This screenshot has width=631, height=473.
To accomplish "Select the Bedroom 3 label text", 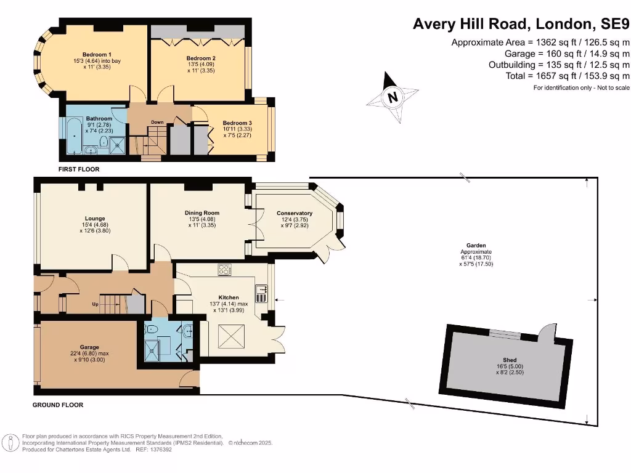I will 237,123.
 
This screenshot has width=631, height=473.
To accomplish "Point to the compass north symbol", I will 391,97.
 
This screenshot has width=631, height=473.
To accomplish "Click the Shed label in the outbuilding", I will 510,360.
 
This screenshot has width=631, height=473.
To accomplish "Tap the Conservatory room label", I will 295,214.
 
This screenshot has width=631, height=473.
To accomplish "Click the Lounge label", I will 95,219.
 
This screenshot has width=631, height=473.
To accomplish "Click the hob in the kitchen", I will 224,269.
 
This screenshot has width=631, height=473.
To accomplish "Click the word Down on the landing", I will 157,122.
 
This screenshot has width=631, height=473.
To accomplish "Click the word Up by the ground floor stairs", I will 96,304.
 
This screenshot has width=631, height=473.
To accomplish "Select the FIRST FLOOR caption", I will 79,169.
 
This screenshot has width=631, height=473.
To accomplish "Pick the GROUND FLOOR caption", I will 58,405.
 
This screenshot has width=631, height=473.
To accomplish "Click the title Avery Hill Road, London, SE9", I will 521,24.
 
